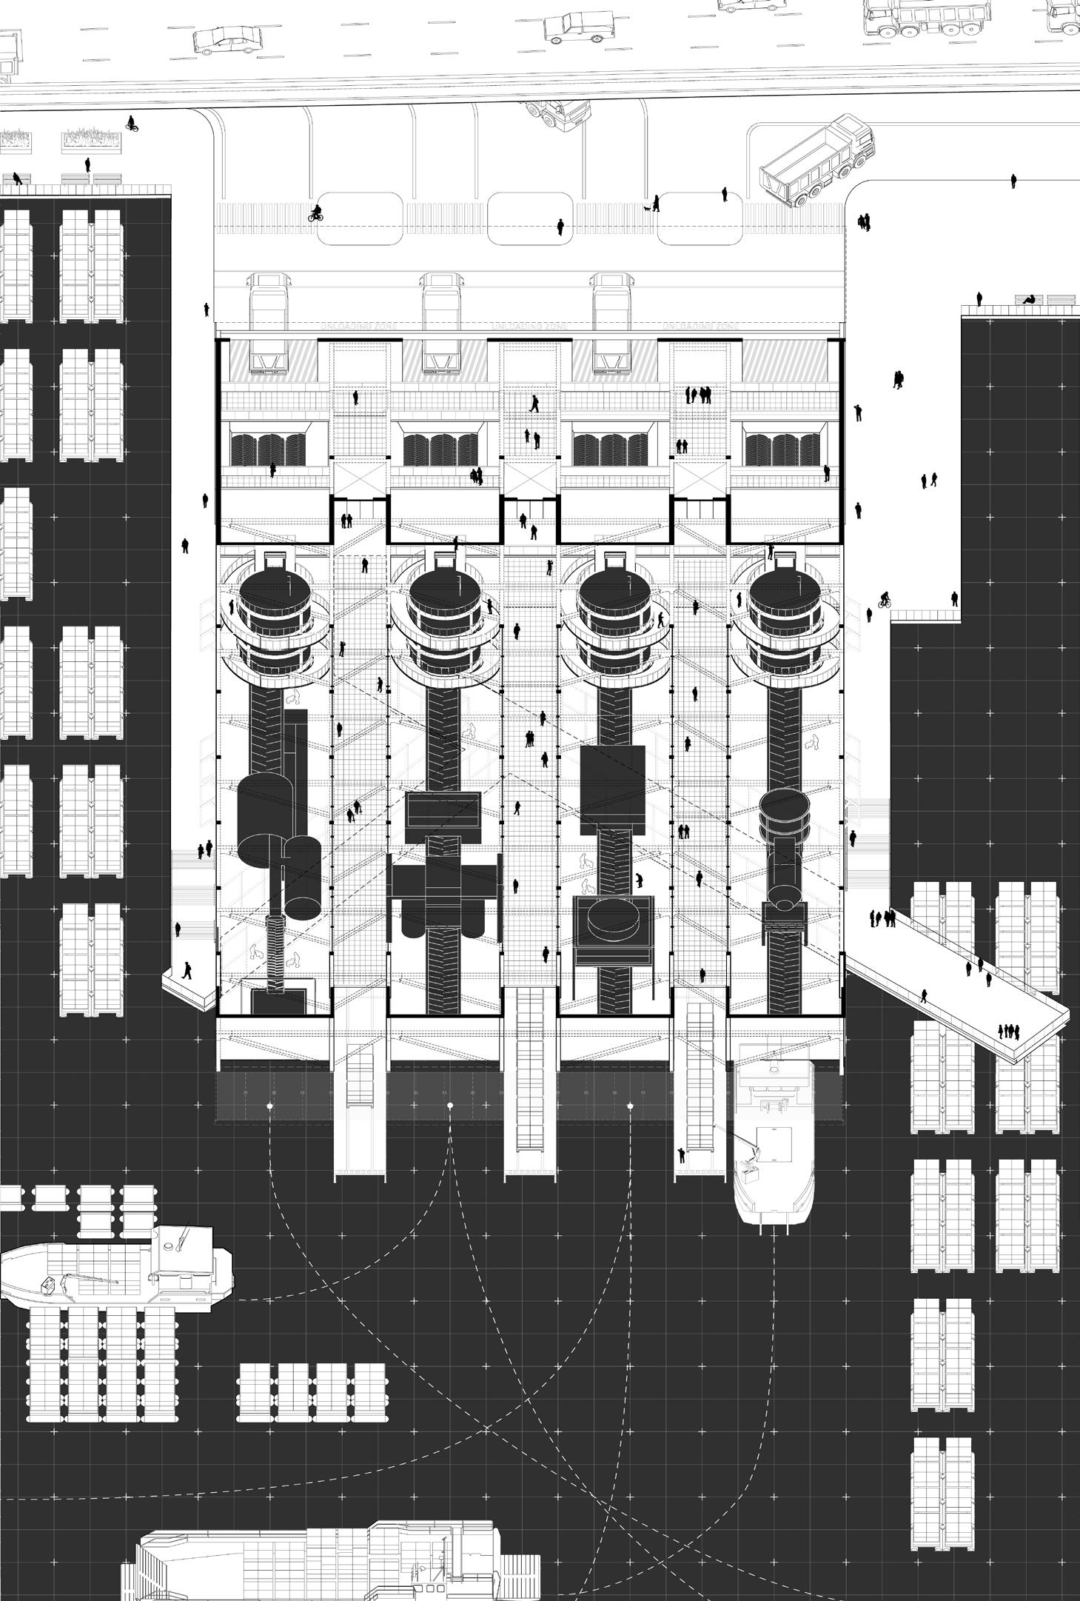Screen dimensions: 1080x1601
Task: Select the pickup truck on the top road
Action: click(574, 26)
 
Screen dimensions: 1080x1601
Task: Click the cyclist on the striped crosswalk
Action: click(316, 214)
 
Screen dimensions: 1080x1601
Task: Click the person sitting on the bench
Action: click(1027, 299)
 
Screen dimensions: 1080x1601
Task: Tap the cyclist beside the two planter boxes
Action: click(132, 123)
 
